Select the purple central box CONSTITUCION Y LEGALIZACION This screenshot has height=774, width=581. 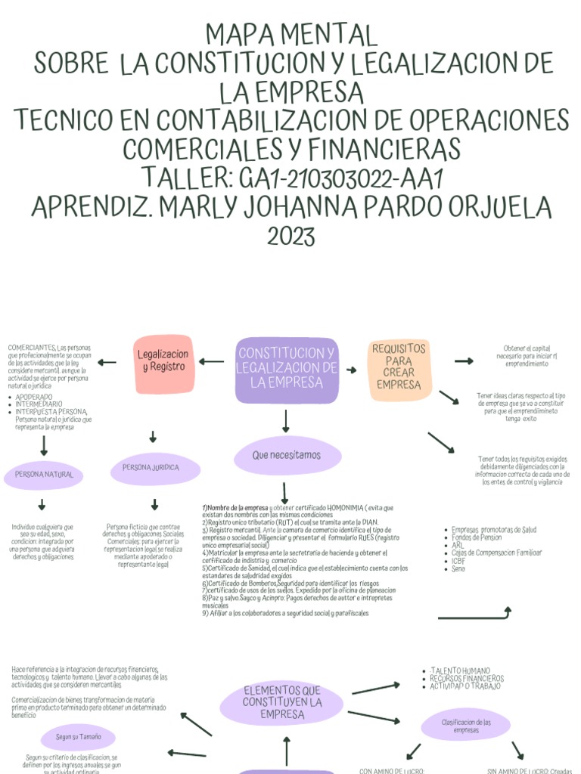coord(287,369)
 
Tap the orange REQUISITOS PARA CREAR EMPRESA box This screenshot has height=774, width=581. coord(399,367)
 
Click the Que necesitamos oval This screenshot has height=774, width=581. coord(287,455)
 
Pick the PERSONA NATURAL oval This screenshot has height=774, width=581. coord(44,475)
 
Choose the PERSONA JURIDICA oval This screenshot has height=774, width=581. coord(156,468)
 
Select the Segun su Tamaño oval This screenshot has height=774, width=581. coord(79,735)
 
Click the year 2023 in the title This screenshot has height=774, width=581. coord(290,237)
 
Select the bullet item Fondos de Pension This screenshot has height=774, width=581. coord(477,537)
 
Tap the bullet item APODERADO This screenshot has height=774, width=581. coord(34,397)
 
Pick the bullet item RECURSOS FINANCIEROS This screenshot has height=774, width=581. coord(466,679)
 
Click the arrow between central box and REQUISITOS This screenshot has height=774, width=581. coord(352,370)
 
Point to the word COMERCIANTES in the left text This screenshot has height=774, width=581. coord(31,347)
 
